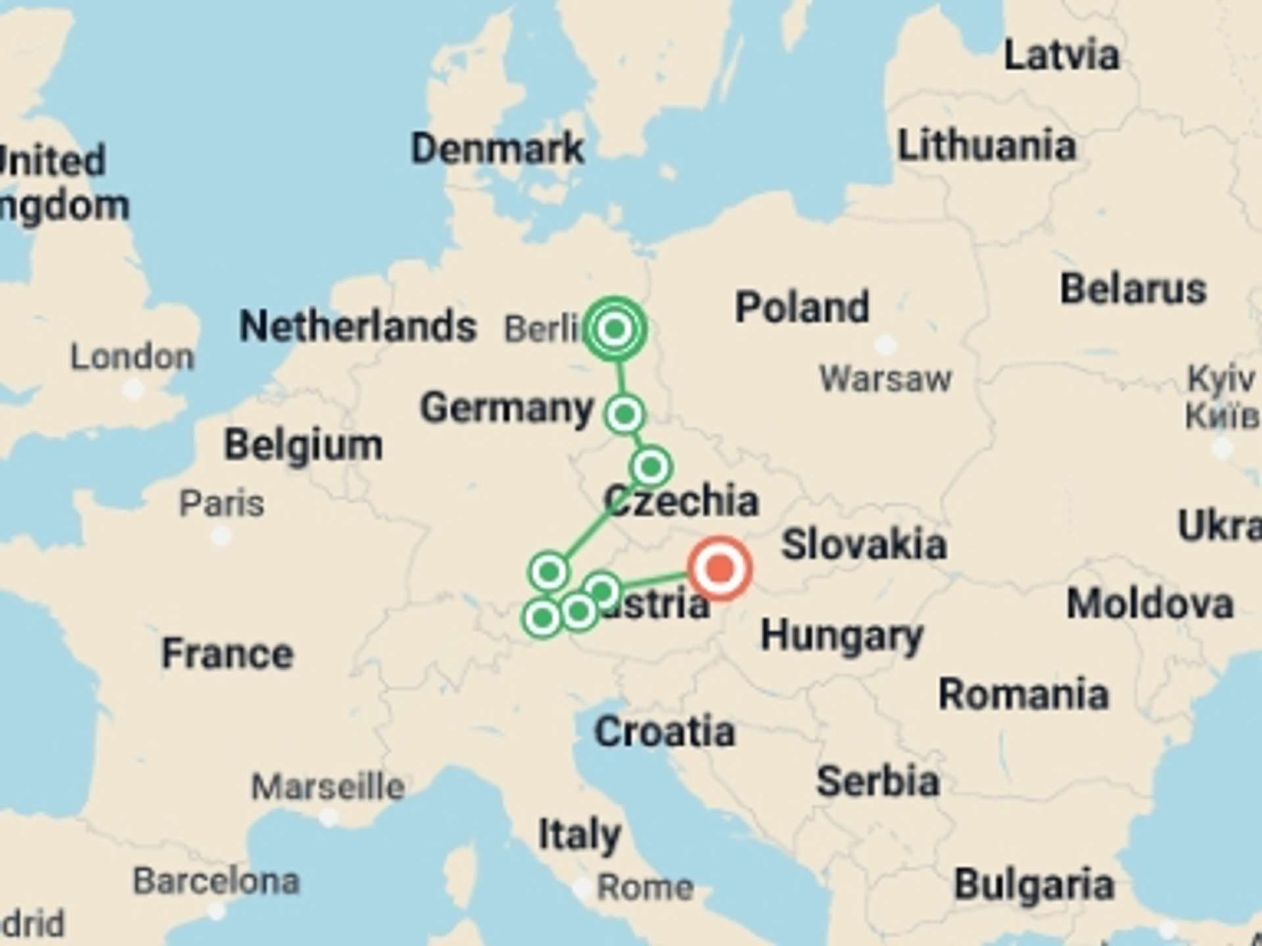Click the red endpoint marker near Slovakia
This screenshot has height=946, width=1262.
pyautogui.click(x=720, y=568)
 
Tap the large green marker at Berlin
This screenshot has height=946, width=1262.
pyautogui.click(x=615, y=328)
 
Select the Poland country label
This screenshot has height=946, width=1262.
pyautogui.click(x=802, y=307)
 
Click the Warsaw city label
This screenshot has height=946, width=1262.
pyautogui.click(x=885, y=378)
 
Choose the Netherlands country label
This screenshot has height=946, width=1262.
pyautogui.click(x=358, y=326)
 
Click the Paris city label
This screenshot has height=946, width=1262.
pyautogui.click(x=222, y=504)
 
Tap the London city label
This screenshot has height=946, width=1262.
pyautogui.click(x=132, y=357)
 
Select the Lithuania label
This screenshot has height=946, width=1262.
pyautogui.click(x=987, y=145)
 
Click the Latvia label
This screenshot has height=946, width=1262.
pyautogui.click(x=1061, y=55)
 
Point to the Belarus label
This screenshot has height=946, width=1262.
pyautogui.click(x=1133, y=289)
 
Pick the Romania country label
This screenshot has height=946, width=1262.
pyautogui.click(x=1023, y=694)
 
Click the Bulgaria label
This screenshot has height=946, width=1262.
pyautogui.click(x=1034, y=884)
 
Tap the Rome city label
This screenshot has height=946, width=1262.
pyautogui.click(x=645, y=888)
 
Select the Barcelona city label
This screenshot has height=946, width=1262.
pyautogui.click(x=216, y=881)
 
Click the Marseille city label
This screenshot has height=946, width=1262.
pyautogui.click(x=328, y=786)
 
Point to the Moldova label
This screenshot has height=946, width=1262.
pyautogui.click(x=1150, y=604)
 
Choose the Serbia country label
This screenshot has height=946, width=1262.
pyautogui.click(x=877, y=781)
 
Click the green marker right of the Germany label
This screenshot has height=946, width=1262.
pyautogui.click(x=624, y=415)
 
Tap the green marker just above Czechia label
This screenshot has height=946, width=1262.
pyautogui.click(x=651, y=466)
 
